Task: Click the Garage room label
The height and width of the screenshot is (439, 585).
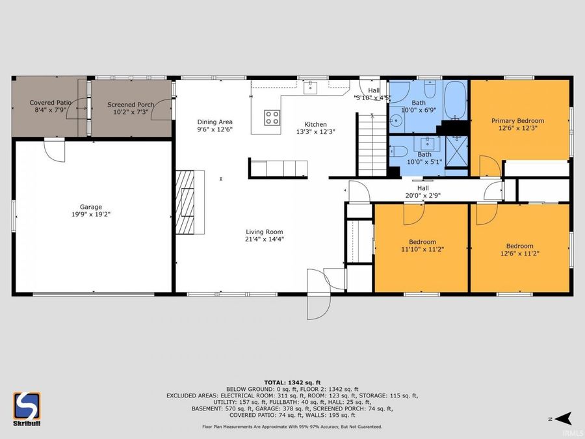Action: (91, 207)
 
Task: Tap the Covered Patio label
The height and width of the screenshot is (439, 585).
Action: (50, 103)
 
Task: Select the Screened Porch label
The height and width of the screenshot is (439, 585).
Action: (131, 105)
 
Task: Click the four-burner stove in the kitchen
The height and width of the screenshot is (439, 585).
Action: (272, 118)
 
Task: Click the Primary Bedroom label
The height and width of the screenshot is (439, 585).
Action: (517, 120)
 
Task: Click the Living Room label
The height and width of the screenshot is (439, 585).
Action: (264, 232)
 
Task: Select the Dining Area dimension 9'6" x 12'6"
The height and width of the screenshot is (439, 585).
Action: (214, 129)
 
